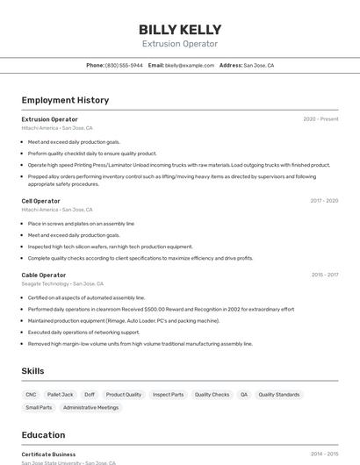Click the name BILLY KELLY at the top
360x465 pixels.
pos(180,30)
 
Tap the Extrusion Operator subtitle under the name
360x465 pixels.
pos(180,44)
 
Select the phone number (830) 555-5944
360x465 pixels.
pos(124,65)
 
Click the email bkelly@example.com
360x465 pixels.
pos(190,65)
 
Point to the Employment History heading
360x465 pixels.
pos(65,100)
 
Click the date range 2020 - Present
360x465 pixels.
pos(320,119)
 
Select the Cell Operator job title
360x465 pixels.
pos(40,201)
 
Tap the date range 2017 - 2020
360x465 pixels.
pos(324,201)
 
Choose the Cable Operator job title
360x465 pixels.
pos(44,275)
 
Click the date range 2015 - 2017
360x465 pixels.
pos(324,275)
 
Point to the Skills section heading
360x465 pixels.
pos(32,371)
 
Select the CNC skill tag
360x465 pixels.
pos(31,395)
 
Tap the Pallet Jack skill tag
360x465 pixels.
pos(61,395)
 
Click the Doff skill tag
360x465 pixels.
pos(90,395)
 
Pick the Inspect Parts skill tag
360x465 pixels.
pos(168,395)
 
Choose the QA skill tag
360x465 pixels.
pos(244,395)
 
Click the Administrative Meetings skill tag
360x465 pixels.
pos(90,407)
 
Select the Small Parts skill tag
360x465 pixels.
pos(39,407)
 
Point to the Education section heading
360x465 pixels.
pos(43,435)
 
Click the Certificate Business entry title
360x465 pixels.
pos(48,454)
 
